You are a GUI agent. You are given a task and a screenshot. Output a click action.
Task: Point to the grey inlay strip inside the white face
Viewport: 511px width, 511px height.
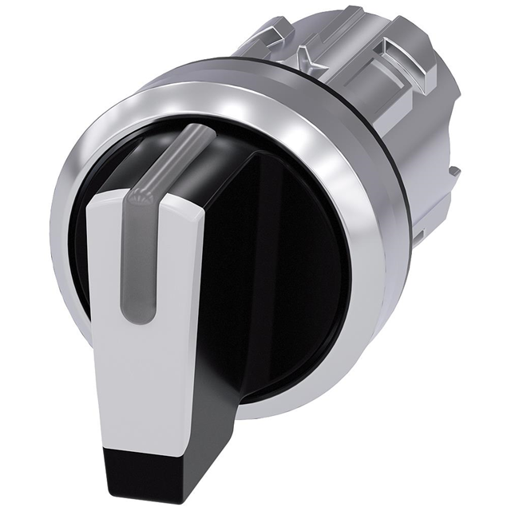pyautogui.click(x=133, y=263)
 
